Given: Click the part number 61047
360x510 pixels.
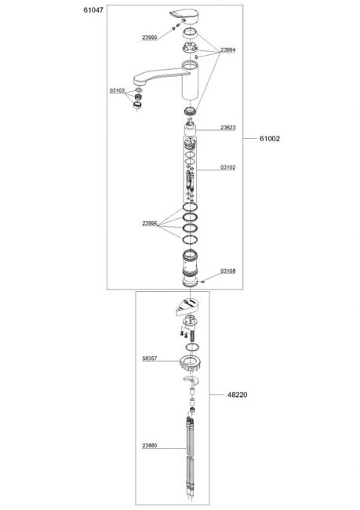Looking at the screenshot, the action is [x=93, y=10].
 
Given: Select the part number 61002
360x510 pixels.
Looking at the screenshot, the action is [x=270, y=139].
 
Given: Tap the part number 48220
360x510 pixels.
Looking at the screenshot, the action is [x=237, y=395].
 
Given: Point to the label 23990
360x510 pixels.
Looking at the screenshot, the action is [x=149, y=38].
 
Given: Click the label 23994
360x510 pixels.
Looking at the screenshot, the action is [x=228, y=49].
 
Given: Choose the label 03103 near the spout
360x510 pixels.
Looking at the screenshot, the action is [x=117, y=91].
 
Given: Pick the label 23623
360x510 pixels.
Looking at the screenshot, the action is [x=228, y=127].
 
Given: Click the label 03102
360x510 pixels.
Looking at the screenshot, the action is [x=228, y=167].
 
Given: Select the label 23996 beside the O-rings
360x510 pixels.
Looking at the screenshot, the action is [x=150, y=224].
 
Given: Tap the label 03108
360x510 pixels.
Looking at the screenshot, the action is [x=228, y=271].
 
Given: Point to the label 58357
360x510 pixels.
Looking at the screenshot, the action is [x=150, y=359].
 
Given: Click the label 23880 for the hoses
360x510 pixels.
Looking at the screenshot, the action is [x=150, y=446].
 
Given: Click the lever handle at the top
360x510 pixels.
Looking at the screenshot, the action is [x=183, y=16].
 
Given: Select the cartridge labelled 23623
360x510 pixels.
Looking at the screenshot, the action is [x=190, y=128].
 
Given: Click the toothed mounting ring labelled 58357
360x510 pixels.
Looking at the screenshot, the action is [x=190, y=363].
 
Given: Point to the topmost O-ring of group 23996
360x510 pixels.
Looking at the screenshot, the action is [x=190, y=206].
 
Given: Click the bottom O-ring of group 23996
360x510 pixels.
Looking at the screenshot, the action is [x=190, y=239].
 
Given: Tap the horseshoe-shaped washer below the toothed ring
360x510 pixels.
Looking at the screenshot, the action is [x=191, y=379].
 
